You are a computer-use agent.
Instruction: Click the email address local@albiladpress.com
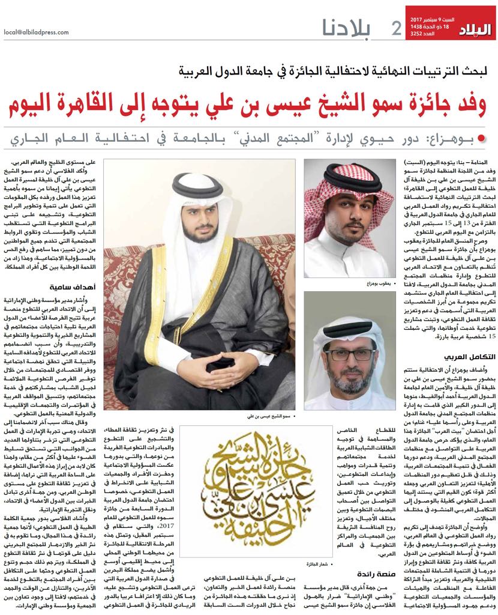(36, 32)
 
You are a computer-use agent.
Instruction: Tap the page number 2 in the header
(396, 28)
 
